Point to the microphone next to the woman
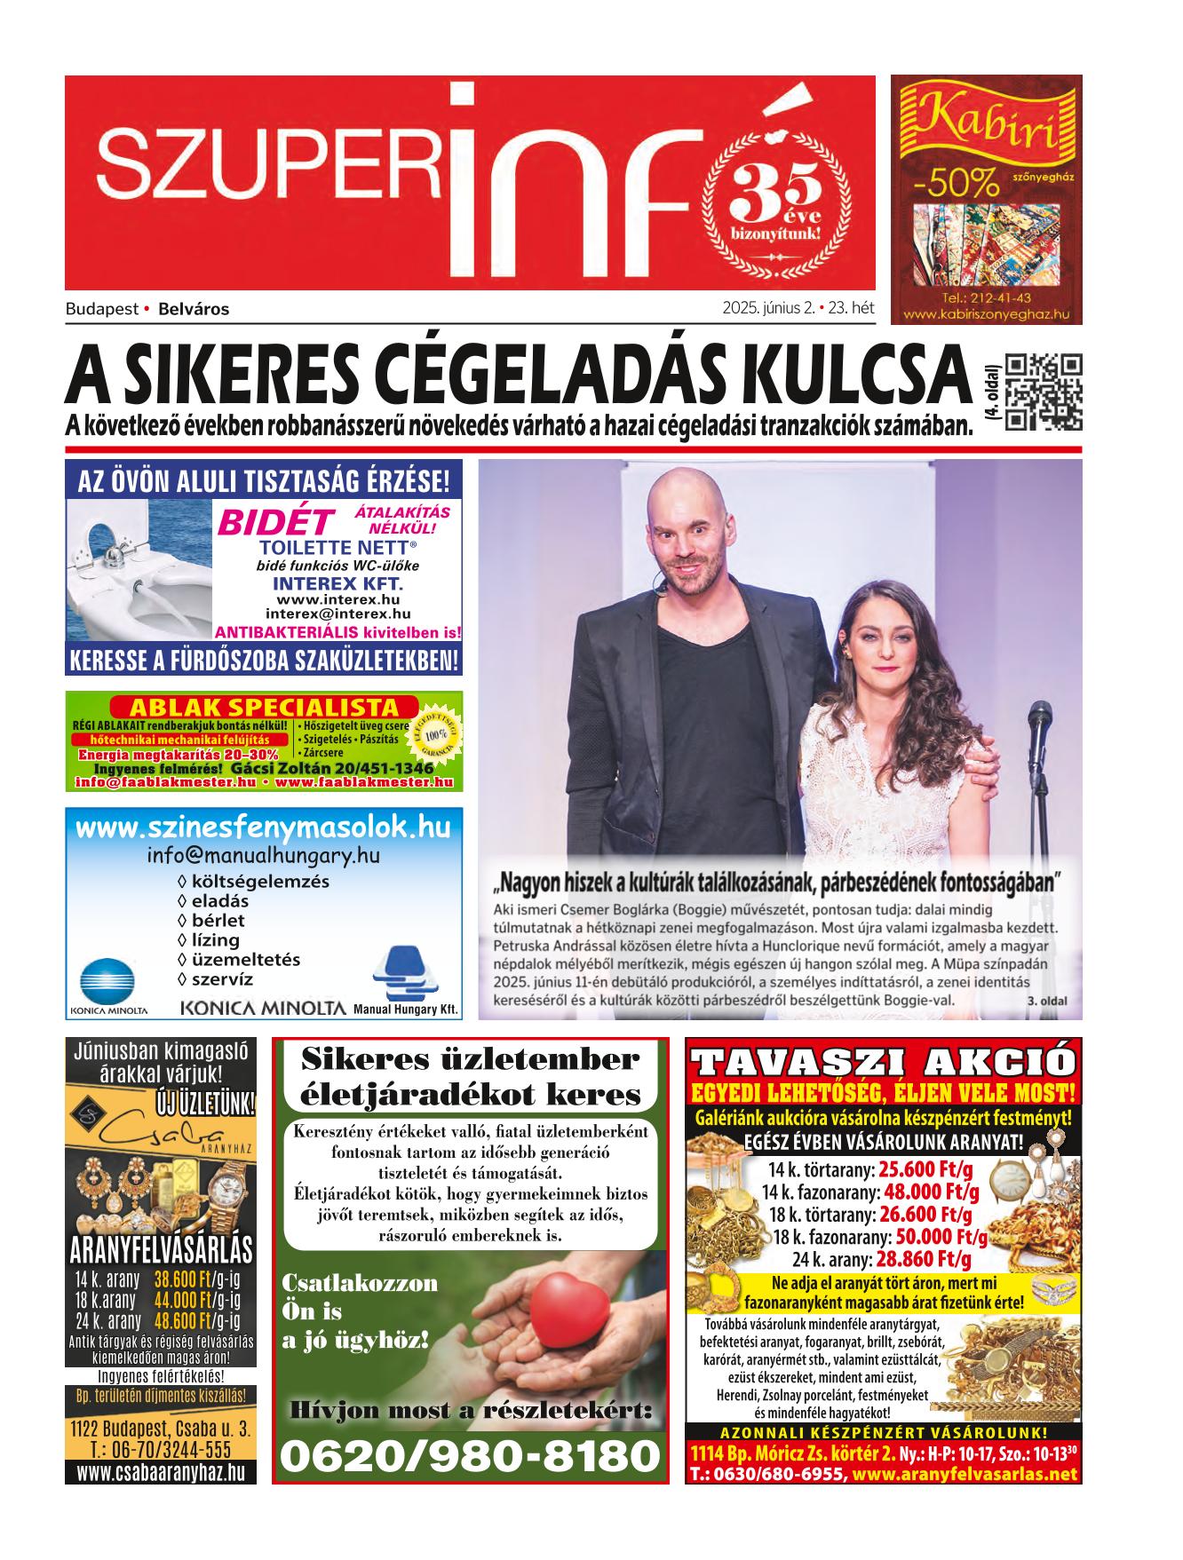(x=1039, y=719)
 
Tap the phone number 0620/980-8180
(x=471, y=1457)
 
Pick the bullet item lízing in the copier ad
(x=215, y=939)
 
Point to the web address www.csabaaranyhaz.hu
(x=161, y=1473)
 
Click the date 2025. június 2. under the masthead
(x=769, y=309)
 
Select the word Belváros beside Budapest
(x=194, y=310)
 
